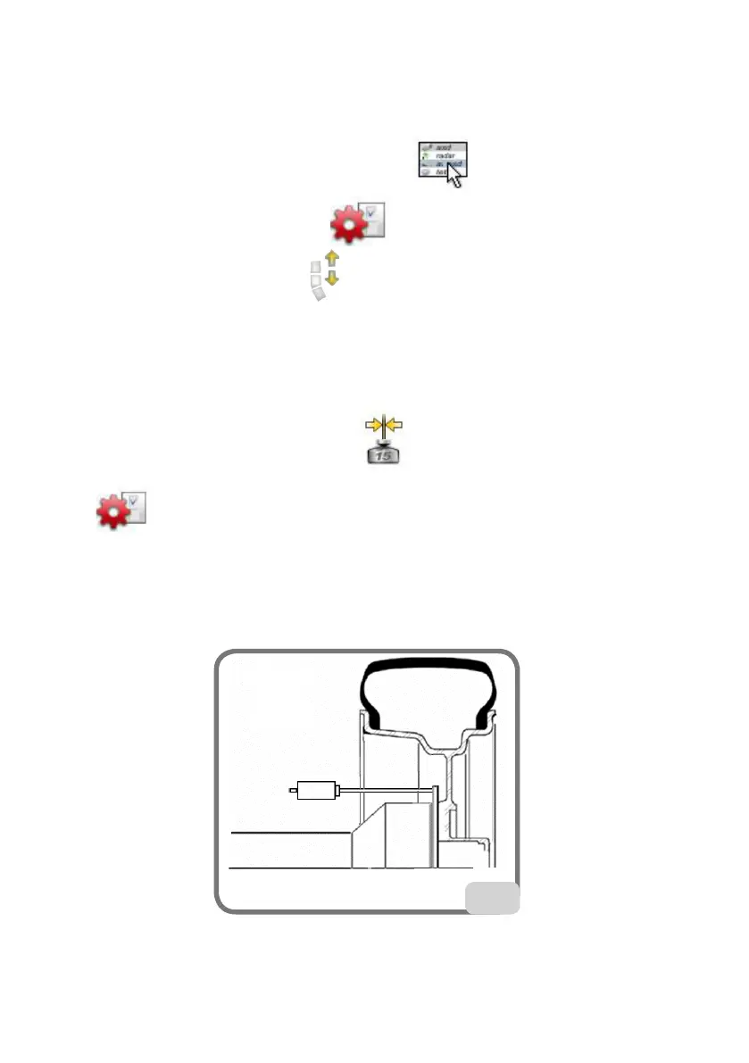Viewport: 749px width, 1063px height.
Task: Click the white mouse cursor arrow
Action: tap(455, 177)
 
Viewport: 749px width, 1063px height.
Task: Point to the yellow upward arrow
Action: tap(333, 260)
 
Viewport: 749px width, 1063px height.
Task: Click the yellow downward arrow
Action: tap(333, 279)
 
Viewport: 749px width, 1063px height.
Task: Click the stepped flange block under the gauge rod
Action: tap(393, 835)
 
